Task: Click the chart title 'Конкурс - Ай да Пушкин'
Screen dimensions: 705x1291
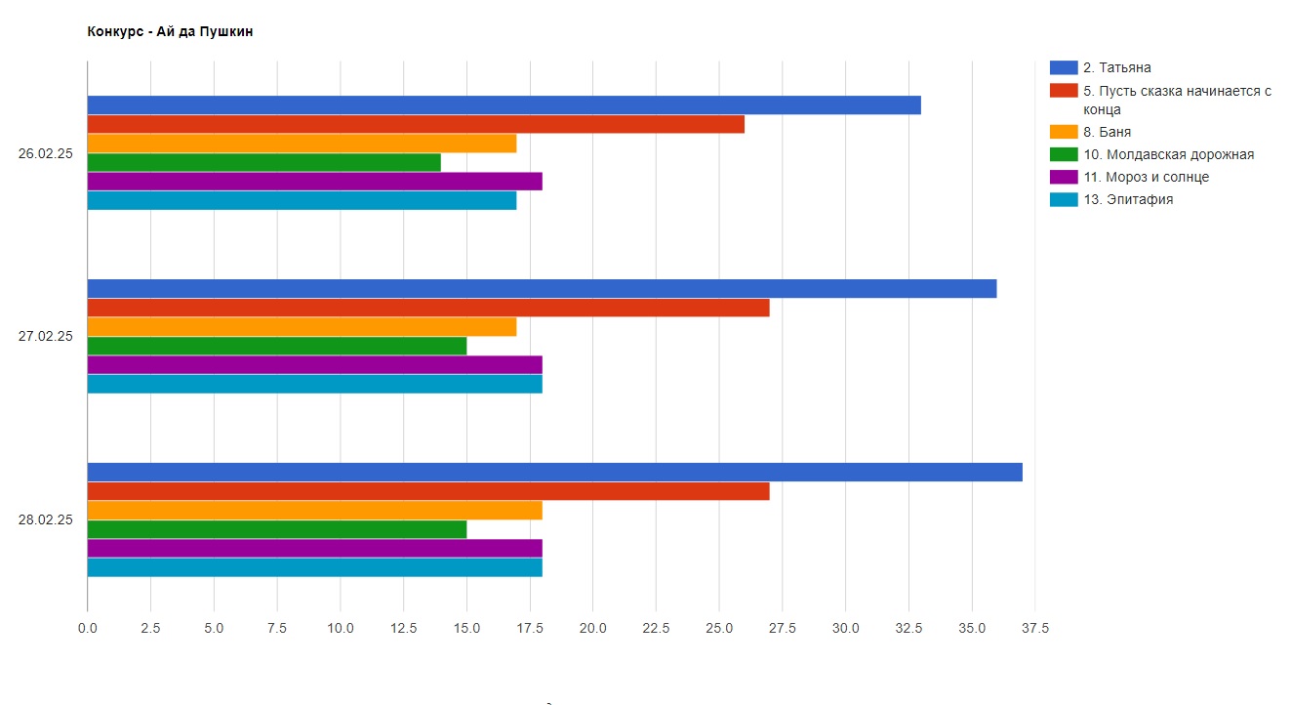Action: tap(170, 32)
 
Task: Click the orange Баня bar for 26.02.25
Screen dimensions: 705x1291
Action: tap(302, 144)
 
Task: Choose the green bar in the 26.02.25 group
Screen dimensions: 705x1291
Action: tap(263, 162)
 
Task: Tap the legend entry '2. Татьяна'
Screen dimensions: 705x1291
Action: tap(1116, 67)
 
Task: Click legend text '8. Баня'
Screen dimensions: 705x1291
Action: tap(1107, 132)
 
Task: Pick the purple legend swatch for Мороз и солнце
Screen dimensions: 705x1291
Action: tap(1063, 177)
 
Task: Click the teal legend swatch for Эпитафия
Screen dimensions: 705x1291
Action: tap(1063, 199)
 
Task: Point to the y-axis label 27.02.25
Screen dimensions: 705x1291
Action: tap(46, 337)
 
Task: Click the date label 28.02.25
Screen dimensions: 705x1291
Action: tap(46, 520)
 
